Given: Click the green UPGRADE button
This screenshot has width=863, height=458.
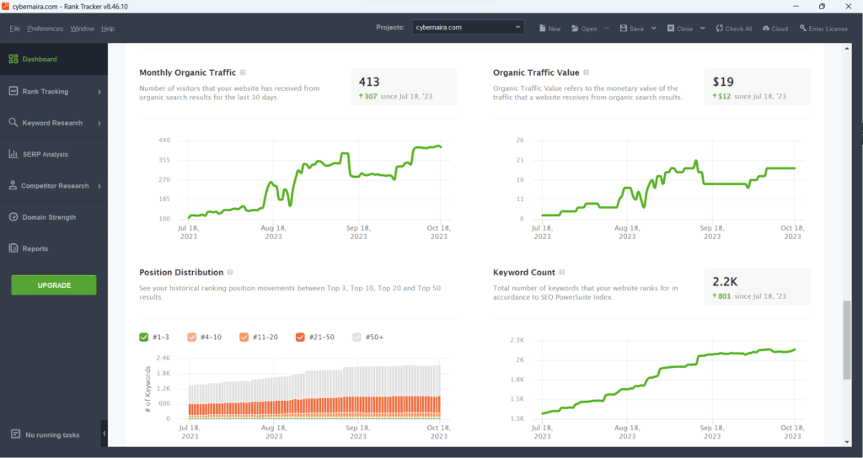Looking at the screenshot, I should [x=54, y=285].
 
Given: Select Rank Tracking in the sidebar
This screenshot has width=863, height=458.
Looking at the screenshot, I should [x=46, y=91].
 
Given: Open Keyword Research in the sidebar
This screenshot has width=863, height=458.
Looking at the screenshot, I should [x=52, y=123].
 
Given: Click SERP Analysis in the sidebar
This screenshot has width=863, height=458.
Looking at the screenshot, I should [x=45, y=154].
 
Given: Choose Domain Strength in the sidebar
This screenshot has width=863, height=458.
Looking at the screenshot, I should [x=48, y=217].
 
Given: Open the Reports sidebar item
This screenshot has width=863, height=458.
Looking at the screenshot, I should [x=35, y=248].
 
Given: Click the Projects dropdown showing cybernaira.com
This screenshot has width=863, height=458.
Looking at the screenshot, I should [x=469, y=28].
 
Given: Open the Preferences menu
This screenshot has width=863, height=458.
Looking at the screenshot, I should [x=45, y=29].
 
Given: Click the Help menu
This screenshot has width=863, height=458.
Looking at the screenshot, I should [x=107, y=29].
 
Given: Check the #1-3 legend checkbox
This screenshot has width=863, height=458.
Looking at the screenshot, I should [x=144, y=337].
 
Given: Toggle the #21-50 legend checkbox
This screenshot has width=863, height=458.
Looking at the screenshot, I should [x=300, y=337].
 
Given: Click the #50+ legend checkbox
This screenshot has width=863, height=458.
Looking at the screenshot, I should [x=356, y=337].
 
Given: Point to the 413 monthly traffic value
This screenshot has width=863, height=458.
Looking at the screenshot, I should [x=369, y=82].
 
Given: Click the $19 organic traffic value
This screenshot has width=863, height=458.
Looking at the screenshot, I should [x=722, y=82].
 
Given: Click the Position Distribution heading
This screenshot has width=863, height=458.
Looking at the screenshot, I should [x=181, y=273].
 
